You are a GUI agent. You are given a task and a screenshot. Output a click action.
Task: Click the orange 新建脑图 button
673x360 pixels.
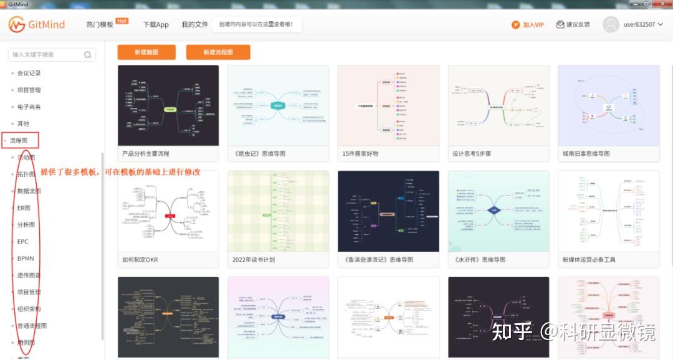(146, 52)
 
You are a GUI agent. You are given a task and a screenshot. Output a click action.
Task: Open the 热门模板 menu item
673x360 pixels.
(100, 25)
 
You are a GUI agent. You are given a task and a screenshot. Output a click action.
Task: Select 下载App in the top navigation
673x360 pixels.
(156, 25)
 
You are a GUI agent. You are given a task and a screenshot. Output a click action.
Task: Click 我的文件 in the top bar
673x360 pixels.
(194, 25)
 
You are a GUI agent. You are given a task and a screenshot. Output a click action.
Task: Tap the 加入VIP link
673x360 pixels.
(528, 25)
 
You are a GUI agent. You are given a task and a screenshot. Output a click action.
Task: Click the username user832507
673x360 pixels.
(639, 25)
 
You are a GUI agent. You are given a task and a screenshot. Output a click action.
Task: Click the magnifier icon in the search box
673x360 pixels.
(88, 55)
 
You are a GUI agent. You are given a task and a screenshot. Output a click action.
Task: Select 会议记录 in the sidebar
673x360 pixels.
(29, 73)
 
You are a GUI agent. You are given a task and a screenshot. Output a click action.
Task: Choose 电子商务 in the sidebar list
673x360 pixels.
(29, 107)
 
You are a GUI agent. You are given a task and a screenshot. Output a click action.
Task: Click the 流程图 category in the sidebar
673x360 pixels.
(19, 141)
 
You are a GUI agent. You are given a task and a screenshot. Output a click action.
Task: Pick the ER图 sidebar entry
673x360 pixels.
(24, 208)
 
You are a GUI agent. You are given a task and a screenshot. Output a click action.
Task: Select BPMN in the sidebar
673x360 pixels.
(26, 258)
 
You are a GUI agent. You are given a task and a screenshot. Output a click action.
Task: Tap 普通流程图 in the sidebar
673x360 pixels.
(32, 326)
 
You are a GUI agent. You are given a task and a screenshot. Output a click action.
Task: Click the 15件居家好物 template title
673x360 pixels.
(360, 153)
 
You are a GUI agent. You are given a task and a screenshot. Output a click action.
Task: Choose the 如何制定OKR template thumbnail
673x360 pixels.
(168, 211)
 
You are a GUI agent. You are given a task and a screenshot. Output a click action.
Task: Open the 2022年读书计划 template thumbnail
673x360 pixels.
(279, 211)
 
